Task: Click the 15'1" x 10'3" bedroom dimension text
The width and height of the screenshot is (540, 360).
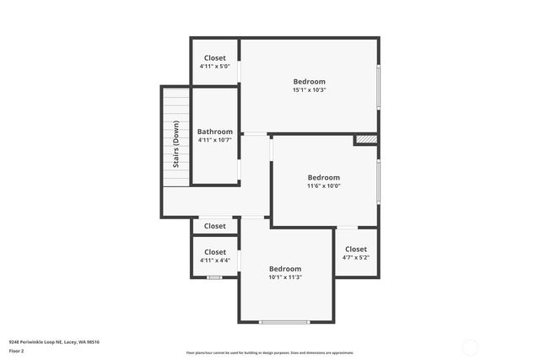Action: coord(309,89)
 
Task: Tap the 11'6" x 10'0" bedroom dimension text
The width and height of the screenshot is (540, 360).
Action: coord(323,186)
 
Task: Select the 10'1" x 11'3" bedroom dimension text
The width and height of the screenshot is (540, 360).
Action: coord(285,277)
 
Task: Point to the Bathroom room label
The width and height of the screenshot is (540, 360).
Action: coord(215,132)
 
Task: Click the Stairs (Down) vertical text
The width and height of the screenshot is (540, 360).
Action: coord(176,144)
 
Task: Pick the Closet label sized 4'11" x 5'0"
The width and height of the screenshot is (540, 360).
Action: coord(214,57)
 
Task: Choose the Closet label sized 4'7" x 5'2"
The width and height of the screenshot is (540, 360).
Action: coord(356,249)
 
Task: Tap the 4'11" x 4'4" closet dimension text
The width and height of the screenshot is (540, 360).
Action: coord(214,260)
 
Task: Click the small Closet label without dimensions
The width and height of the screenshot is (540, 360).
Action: coord(214,226)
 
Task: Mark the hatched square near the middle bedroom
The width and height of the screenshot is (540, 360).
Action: coord(365,139)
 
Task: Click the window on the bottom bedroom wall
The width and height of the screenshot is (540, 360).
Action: coord(284,322)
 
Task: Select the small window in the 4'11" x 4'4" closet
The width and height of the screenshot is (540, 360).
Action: coord(214,277)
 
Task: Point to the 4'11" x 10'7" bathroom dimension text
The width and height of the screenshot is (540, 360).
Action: coord(215,140)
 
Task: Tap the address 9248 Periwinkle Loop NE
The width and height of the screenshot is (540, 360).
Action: coord(54,341)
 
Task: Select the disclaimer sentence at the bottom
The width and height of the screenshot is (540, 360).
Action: coord(270,352)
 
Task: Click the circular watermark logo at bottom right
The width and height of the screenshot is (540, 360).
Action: coord(471,346)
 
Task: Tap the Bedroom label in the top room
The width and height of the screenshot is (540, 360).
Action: coord(309,81)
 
